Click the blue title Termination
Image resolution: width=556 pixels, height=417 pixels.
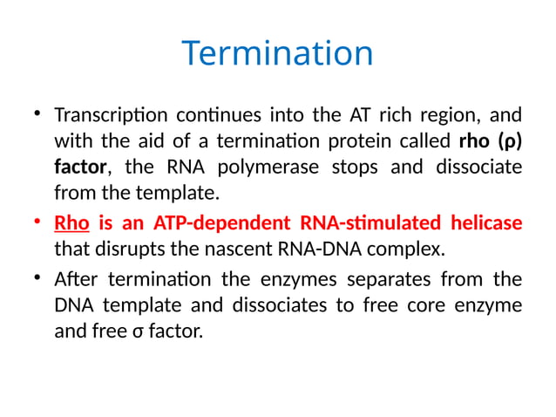(277, 54)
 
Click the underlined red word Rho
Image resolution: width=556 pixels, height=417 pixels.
(71, 223)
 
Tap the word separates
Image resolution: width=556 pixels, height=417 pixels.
(391, 280)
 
